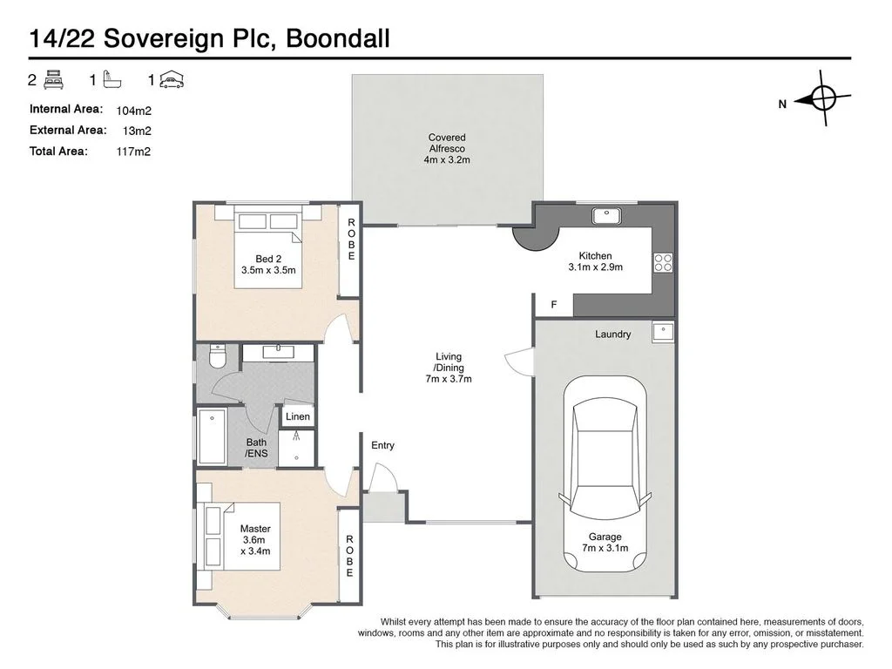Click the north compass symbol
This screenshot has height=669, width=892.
(822, 98)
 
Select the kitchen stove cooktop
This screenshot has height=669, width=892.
(663, 262)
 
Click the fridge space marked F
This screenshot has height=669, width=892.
(553, 305)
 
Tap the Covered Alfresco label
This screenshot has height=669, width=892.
(447, 149)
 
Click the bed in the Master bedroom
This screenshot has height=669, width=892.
(242, 534)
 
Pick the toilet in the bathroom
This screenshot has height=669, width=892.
(218, 355)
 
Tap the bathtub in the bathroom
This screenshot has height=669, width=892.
(213, 436)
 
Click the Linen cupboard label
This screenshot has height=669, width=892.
(298, 417)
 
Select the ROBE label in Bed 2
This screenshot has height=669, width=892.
(351, 240)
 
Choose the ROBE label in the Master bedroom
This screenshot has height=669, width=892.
(349, 557)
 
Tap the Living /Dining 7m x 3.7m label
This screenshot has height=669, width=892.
(449, 368)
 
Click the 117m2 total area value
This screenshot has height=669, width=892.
(134, 152)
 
